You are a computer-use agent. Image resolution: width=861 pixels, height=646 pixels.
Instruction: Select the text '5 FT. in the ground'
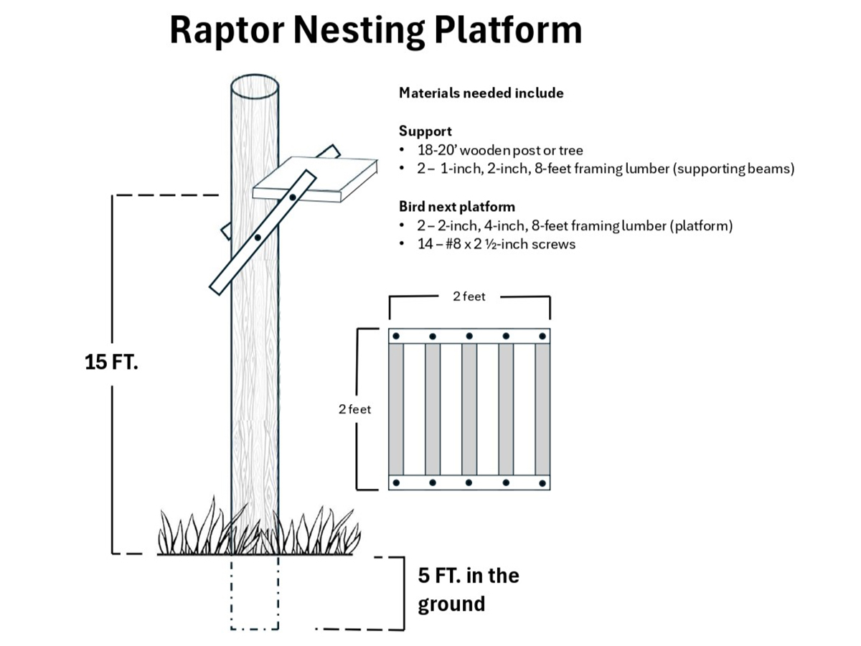468,589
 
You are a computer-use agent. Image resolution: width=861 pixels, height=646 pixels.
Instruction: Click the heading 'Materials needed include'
481,93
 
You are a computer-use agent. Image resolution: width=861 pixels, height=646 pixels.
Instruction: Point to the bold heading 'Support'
425,132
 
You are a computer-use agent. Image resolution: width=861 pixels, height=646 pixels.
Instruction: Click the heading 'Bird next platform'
456,207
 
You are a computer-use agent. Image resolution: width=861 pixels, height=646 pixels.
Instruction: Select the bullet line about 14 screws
495,244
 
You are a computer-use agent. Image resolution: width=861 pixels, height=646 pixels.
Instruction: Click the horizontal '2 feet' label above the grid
469,296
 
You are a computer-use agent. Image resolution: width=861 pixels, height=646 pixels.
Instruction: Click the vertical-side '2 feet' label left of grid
354,409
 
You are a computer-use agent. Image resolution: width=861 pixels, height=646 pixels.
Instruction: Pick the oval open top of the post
255,90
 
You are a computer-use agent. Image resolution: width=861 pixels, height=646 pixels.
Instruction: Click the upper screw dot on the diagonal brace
293,196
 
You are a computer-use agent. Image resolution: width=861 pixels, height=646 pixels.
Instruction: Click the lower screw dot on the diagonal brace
257,237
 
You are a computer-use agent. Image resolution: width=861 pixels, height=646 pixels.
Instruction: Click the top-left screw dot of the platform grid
396,336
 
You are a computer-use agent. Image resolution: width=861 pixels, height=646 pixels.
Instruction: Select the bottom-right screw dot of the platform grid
542,482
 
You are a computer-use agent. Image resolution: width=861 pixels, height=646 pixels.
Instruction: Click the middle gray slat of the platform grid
469,409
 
